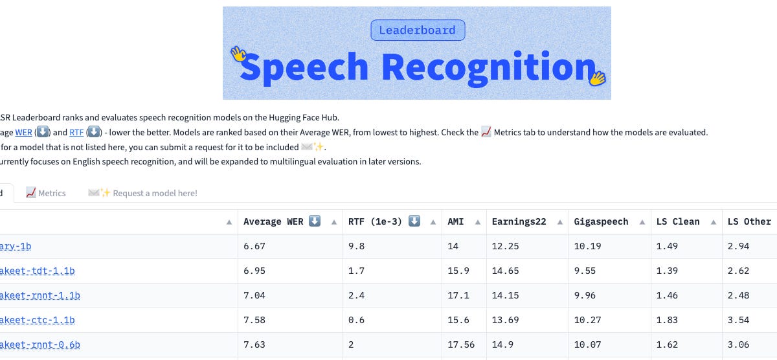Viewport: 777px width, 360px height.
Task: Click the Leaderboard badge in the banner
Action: pyautogui.click(x=418, y=30)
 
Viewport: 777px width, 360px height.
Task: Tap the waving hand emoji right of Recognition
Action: pyautogui.click(x=597, y=78)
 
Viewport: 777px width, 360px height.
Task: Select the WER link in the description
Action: pyautogui.click(x=23, y=132)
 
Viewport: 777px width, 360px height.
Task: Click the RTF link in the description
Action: pyautogui.click(x=76, y=132)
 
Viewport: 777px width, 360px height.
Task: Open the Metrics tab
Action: pyautogui.click(x=46, y=193)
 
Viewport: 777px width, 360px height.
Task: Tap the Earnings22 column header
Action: pyautogui.click(x=519, y=221)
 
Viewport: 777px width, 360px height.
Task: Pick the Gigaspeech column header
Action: pyautogui.click(x=601, y=221)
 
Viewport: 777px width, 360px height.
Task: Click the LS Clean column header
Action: pyautogui.click(x=678, y=221)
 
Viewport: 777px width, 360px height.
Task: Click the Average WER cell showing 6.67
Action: pyautogui.click(x=254, y=247)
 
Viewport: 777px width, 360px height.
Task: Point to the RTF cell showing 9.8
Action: pyautogui.click(x=356, y=247)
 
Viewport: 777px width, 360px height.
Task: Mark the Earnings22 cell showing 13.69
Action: pyautogui.click(x=505, y=321)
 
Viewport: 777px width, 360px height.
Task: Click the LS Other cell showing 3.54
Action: pyautogui.click(x=738, y=321)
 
